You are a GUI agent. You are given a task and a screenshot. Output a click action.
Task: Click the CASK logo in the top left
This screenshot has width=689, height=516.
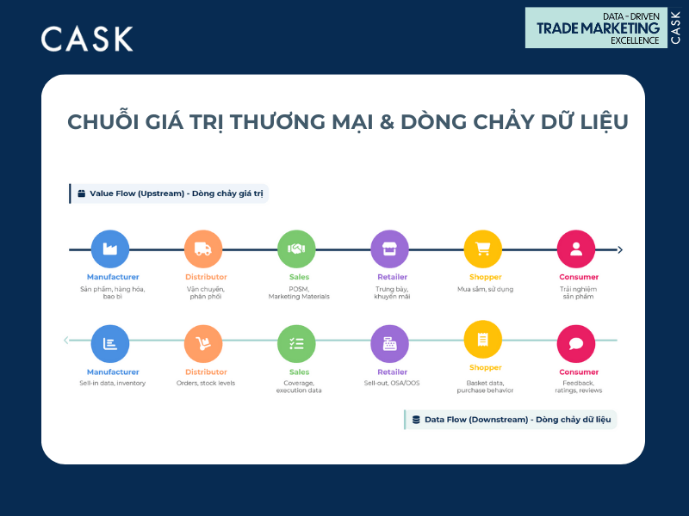pyautogui.click(x=87, y=39)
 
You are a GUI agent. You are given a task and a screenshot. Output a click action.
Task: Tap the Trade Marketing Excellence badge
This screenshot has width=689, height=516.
pyautogui.click(x=605, y=28)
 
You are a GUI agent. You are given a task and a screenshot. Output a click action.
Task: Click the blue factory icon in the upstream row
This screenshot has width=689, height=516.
pyautogui.click(x=110, y=249)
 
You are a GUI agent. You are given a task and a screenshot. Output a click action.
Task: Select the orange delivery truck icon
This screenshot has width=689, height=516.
pyautogui.click(x=203, y=249)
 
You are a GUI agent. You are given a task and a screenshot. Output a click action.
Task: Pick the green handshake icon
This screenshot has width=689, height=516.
pyautogui.click(x=296, y=249)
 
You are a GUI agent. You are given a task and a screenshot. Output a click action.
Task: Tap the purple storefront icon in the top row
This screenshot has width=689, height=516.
pyautogui.click(x=389, y=249)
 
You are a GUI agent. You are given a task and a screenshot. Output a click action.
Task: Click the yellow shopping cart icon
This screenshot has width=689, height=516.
pyautogui.click(x=482, y=249)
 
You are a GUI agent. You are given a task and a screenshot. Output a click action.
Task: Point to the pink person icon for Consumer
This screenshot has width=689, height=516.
pyautogui.click(x=576, y=249)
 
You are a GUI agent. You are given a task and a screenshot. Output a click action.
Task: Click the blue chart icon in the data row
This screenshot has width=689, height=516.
pyautogui.click(x=110, y=344)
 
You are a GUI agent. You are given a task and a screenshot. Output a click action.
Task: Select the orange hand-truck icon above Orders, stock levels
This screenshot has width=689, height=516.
pyautogui.click(x=203, y=344)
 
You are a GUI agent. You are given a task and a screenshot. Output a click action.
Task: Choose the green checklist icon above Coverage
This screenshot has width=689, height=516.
pyautogui.click(x=296, y=344)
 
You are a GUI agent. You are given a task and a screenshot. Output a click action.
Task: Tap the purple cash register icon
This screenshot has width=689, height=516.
pyautogui.click(x=389, y=344)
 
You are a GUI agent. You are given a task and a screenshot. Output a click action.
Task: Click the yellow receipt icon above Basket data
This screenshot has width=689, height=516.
pyautogui.click(x=482, y=340)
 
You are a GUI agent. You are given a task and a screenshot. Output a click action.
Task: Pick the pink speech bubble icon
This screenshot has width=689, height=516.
pyautogui.click(x=576, y=344)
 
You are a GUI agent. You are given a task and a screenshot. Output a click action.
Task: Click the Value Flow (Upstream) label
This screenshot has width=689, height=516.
pyautogui.click(x=170, y=193)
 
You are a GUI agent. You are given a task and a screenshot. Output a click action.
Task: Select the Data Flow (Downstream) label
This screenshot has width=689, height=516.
pyautogui.click(x=512, y=420)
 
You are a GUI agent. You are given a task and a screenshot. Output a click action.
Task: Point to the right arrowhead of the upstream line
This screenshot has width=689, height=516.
pyautogui.click(x=620, y=250)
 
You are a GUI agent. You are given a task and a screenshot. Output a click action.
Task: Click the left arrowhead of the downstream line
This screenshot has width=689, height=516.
pyautogui.click(x=66, y=341)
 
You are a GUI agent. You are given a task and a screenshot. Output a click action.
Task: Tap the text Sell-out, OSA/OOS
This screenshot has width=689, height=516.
pyautogui.click(x=392, y=383)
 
